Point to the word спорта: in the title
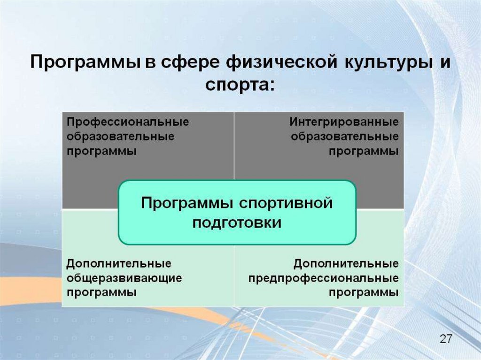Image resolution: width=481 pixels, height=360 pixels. click(239, 86)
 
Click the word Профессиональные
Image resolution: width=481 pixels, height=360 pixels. click(127, 122)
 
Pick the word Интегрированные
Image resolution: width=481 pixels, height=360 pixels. click(344, 122)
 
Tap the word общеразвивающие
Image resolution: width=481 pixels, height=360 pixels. click(124, 277)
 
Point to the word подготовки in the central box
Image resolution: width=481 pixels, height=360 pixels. click(237, 222)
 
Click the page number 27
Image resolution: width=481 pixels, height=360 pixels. click(445, 339)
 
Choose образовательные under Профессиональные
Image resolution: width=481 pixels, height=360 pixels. click(120, 137)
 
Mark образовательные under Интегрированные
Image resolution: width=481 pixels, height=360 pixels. click(345, 137)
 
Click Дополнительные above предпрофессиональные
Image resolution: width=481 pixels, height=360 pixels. click(346, 262)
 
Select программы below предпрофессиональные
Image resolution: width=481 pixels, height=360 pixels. click(364, 292)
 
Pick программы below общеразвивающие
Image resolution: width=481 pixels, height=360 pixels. click(101, 292)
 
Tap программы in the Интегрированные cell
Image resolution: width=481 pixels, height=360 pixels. click(364, 152)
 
